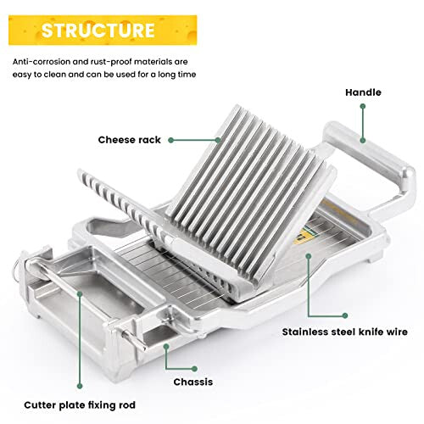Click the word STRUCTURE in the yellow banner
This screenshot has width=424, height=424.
tap(98, 31)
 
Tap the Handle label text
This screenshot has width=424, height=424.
tap(363, 92)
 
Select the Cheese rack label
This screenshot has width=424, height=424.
tap(129, 140)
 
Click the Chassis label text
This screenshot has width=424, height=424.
tap(193, 382)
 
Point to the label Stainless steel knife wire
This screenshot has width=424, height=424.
tap(345, 332)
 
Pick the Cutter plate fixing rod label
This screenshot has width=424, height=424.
tap(80, 405)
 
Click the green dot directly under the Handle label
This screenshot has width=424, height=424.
tap(363, 106)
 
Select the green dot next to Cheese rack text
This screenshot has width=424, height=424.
tap(170, 140)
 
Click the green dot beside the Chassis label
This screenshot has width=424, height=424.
tap(194, 369)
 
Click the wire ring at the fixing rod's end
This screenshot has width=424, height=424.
tap(17, 269)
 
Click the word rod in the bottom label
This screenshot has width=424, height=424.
tap(127, 405)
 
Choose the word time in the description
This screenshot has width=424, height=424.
tap(187, 75)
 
